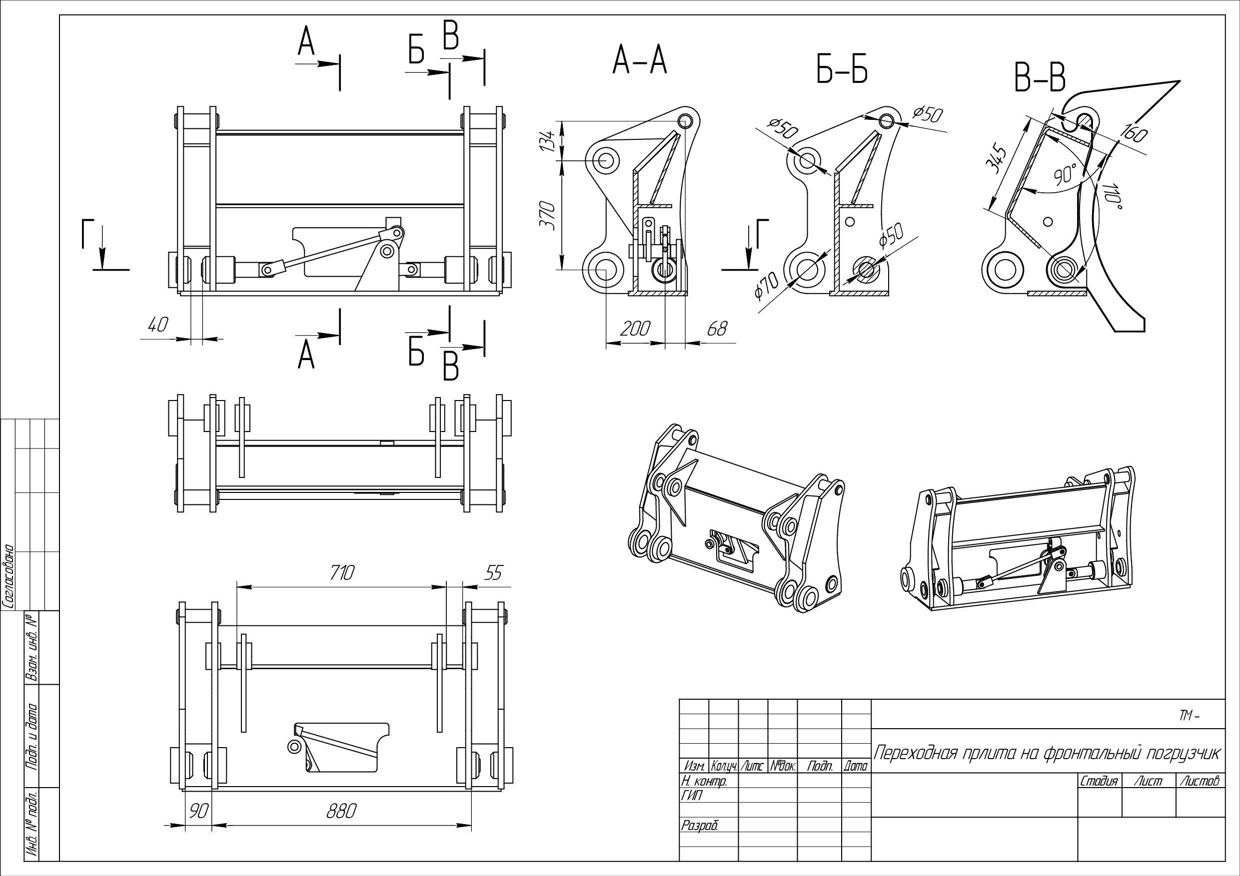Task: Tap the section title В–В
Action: tap(1040, 79)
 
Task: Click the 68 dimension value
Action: tap(717, 328)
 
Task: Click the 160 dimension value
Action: tap(1134, 133)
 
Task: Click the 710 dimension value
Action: tap(341, 572)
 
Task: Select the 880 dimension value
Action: tap(340, 811)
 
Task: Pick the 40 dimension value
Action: tap(158, 325)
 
